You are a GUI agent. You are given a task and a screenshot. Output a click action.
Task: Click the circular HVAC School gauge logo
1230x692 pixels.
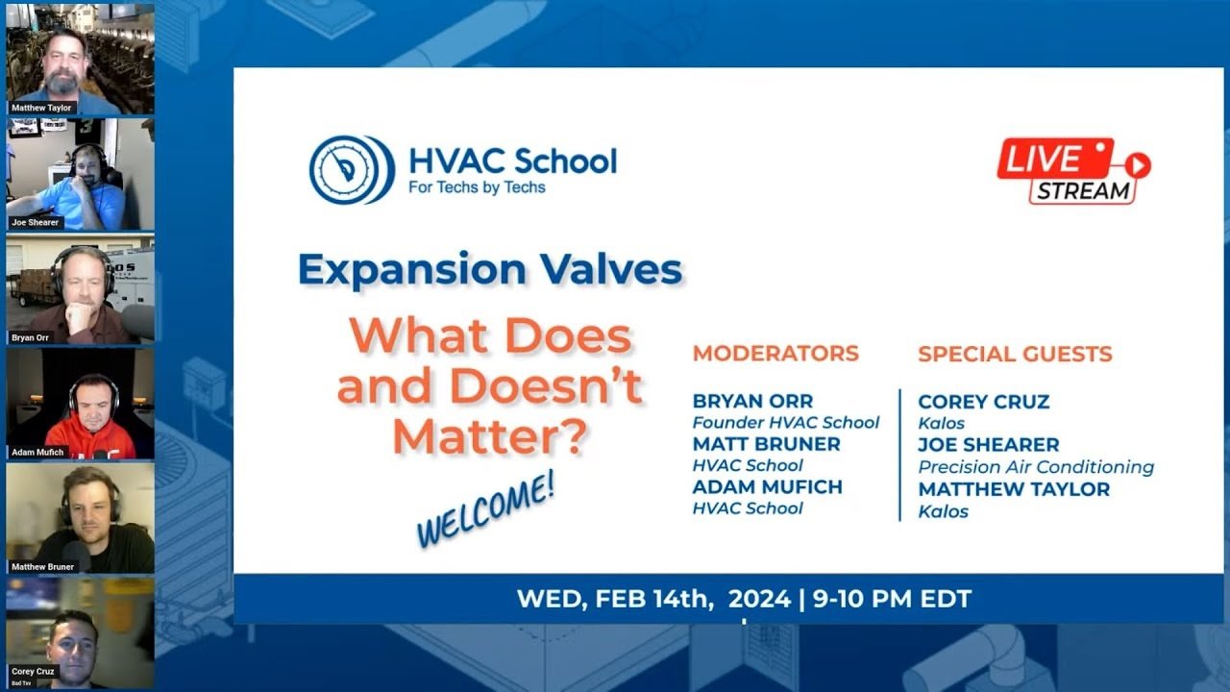coord(352,170)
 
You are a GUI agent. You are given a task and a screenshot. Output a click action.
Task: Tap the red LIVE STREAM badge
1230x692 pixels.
coord(1073,171)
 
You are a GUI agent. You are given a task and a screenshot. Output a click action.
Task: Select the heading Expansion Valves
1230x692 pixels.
coord(490,269)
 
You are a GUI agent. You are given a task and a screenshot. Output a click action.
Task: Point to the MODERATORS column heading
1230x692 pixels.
coord(775,353)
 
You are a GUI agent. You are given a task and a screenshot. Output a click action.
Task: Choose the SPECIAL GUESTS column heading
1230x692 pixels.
coord(1015,354)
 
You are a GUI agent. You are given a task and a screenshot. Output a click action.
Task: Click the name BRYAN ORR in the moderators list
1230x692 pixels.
coord(752,401)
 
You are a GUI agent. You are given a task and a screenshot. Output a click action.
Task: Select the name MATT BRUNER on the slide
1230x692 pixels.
coord(766,444)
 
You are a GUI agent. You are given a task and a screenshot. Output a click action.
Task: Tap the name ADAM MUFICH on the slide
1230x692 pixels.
coord(767,486)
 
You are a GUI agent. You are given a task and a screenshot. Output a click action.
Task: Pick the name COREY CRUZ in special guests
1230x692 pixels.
coord(983,402)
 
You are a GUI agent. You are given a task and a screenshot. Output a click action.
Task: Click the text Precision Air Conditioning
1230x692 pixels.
coord(1036,467)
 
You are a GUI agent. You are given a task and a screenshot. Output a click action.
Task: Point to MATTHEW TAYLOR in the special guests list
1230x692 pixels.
coord(1014,489)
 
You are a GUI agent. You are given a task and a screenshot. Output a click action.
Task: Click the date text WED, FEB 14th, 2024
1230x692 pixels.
coord(653,599)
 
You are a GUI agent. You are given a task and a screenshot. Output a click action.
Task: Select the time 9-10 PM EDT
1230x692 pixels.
coord(893,599)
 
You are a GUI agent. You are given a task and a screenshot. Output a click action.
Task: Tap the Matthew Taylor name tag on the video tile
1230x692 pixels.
coord(41,108)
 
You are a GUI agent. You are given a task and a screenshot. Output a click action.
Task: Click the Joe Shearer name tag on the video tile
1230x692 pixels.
coord(36,222)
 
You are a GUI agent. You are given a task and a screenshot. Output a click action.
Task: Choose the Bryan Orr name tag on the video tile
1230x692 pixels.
coord(30,337)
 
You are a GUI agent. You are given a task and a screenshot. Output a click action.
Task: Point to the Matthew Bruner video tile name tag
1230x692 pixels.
coord(43,567)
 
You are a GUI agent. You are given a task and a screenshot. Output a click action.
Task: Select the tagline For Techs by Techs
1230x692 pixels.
coord(477,187)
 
